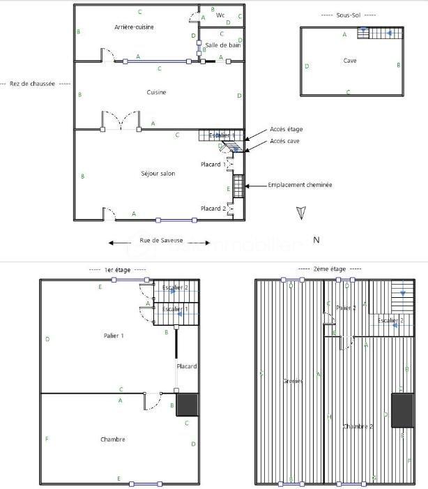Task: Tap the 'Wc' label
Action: click(220, 15)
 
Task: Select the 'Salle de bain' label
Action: click(222, 45)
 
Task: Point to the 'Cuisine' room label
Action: click(156, 93)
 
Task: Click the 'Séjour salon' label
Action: click(158, 174)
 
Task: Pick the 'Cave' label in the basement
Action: click(350, 61)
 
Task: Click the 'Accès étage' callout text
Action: click(286, 129)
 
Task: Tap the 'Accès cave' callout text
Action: click(285, 142)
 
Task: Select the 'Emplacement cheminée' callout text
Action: click(300, 186)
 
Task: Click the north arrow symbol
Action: click(300, 213)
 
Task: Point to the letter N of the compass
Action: click(316, 240)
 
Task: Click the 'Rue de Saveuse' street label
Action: click(162, 241)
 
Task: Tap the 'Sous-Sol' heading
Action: click(349, 15)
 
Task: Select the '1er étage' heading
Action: click(118, 269)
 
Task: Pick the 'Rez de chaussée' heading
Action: click(32, 84)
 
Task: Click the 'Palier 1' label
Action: click(113, 336)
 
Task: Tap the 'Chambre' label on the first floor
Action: click(113, 439)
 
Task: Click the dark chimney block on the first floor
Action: click(188, 405)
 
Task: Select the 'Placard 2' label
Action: click(213, 209)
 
